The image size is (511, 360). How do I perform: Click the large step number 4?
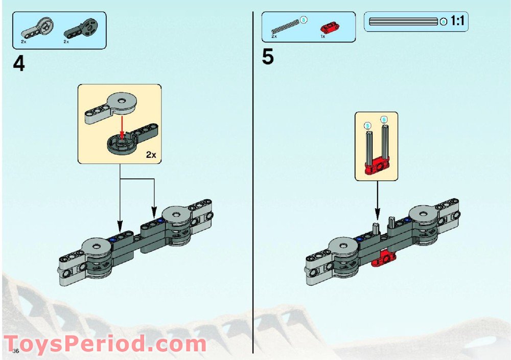pos(19,64)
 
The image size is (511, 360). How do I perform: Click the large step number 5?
pos(268,57)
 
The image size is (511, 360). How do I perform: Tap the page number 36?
pos(16,351)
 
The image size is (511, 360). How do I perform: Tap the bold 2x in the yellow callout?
pos(150,155)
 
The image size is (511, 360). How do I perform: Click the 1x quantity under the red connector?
pos(323,37)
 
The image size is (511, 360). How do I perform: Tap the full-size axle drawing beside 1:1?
pos(404,21)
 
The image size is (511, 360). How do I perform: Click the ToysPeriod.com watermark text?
pos(105,343)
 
